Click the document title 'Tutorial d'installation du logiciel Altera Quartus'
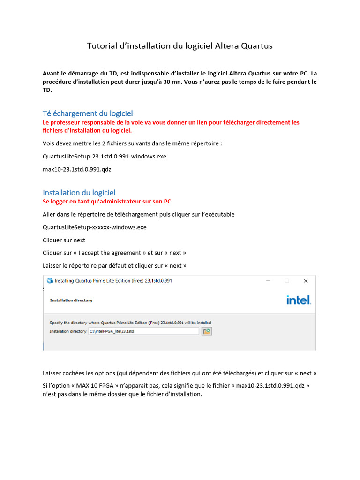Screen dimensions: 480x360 pyautogui.click(x=180, y=46)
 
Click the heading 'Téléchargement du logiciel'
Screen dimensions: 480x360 pyautogui.click(x=88, y=113)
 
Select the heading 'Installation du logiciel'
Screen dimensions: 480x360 pyautogui.click(x=79, y=193)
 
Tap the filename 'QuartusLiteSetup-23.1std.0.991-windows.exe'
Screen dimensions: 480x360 pyautogui.click(x=104, y=156)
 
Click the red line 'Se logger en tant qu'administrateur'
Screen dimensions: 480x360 pyautogui.click(x=107, y=202)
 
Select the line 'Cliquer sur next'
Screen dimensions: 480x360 pyautogui.click(x=64, y=240)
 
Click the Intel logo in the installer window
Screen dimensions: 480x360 pyautogui.click(x=299, y=300)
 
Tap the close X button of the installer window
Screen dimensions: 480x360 pyautogui.click(x=306, y=281)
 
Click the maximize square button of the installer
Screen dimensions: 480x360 pyautogui.click(x=287, y=281)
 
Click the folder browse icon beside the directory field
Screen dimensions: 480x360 pyautogui.click(x=207, y=331)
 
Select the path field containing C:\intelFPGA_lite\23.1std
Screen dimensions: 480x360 pyautogui.click(x=143, y=331)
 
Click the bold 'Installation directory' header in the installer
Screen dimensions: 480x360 pyautogui.click(x=71, y=300)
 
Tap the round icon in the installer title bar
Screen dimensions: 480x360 pyautogui.click(x=50, y=281)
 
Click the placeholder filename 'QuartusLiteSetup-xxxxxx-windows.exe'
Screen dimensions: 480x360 pyautogui.click(x=94, y=227)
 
